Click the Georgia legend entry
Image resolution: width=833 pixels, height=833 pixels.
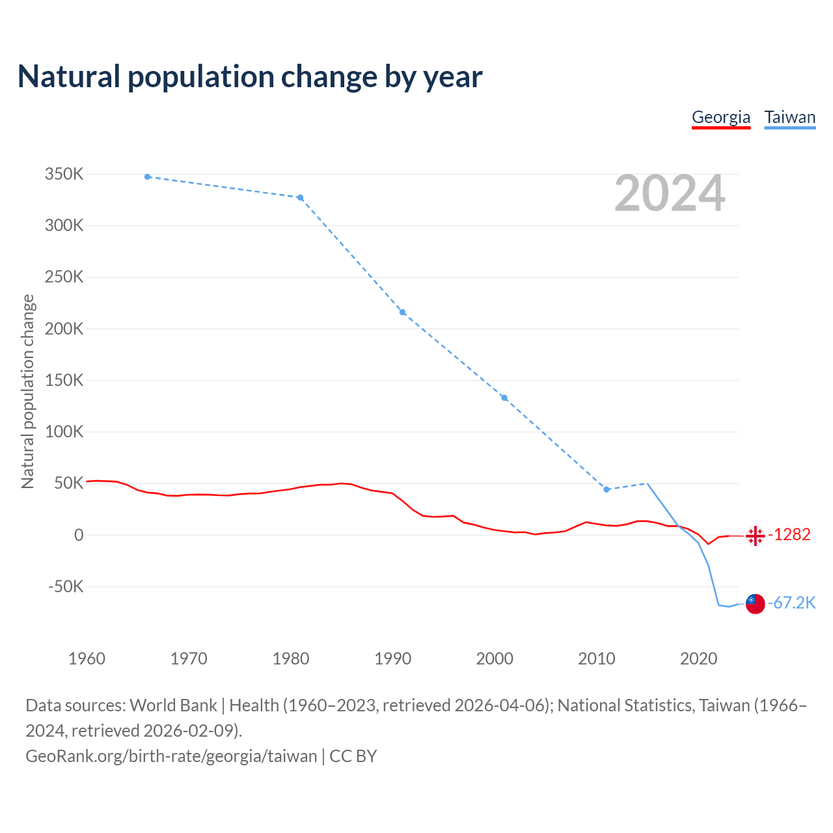click(720, 117)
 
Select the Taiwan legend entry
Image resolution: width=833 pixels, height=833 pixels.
click(789, 117)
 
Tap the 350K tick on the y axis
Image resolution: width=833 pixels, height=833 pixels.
click(64, 174)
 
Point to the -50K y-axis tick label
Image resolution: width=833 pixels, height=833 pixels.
click(66, 586)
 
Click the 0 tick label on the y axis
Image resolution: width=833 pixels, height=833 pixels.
click(79, 535)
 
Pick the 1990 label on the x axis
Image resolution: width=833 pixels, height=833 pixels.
click(393, 659)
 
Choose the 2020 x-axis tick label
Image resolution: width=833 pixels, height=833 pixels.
click(698, 659)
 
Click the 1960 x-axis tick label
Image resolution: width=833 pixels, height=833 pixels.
click(87, 659)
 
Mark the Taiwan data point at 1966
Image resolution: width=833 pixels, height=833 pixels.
click(148, 177)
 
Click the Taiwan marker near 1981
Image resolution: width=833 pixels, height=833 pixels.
click(301, 198)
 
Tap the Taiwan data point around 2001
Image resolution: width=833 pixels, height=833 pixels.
click(504, 398)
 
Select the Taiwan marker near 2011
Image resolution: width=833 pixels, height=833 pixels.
click(607, 489)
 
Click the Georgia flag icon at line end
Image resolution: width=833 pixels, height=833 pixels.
click(755, 536)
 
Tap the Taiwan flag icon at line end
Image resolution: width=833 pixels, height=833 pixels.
click(755, 603)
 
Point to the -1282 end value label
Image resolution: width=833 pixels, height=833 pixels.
click(789, 534)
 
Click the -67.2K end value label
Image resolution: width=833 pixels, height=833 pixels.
click(792, 603)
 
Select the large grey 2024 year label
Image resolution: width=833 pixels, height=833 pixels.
click(670, 193)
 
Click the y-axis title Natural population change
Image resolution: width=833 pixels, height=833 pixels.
click(28, 391)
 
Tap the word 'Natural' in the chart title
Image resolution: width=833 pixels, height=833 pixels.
click(70, 77)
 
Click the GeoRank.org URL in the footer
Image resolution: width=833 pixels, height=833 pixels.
click(171, 756)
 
